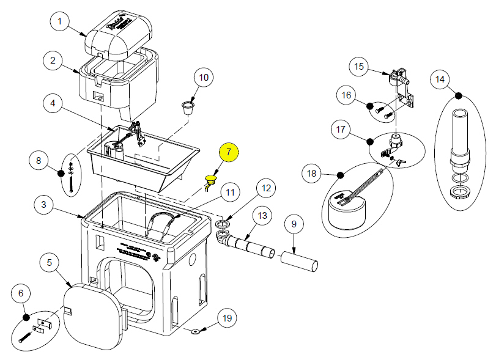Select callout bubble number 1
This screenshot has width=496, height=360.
tap(59, 23)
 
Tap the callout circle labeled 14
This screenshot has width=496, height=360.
tap(440, 79)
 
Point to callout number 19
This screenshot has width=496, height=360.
tap(227, 318)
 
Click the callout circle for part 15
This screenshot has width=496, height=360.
tap(359, 66)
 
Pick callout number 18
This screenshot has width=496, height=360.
tap(313, 174)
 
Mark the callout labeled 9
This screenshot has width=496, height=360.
tap(293, 224)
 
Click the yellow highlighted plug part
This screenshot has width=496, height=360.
tap(211, 180)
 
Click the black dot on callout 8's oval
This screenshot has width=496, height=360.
tap(61, 173)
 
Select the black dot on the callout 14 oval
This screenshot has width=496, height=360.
tap(459, 95)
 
